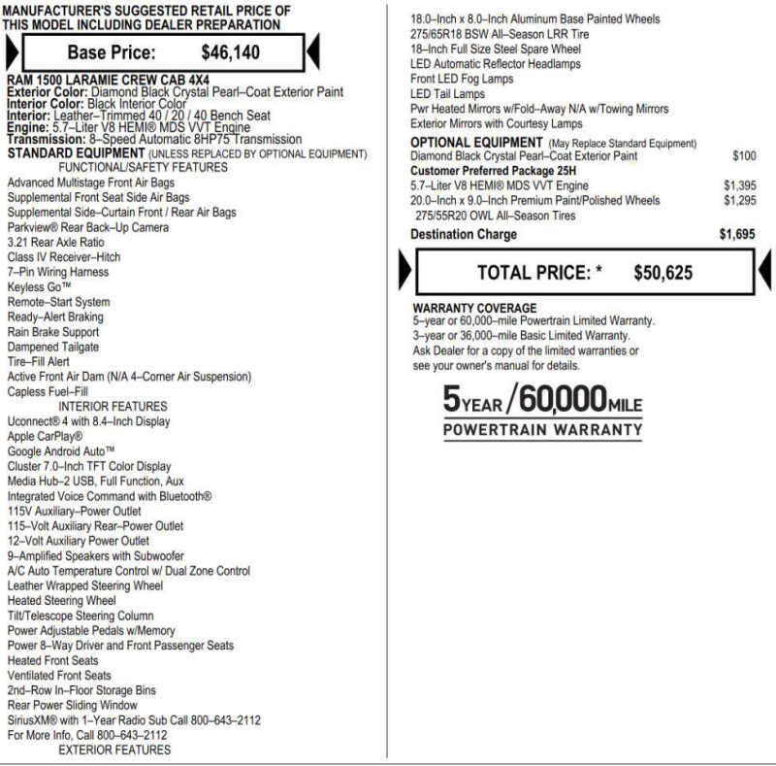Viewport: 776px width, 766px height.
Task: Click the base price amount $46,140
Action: pyautogui.click(x=230, y=53)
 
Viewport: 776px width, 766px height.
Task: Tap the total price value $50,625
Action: pyautogui.click(x=663, y=274)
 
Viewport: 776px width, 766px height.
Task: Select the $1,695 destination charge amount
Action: pyautogui.click(x=737, y=234)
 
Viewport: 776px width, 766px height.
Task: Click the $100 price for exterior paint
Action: pyautogui.click(x=744, y=156)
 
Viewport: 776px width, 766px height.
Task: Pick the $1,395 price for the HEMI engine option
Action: pyautogui.click(x=739, y=185)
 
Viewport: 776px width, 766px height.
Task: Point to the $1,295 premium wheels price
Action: pyautogui.click(x=739, y=201)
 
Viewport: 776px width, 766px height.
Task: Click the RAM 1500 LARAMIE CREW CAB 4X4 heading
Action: pyautogui.click(x=108, y=80)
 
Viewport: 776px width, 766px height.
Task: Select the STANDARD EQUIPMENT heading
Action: pyautogui.click(x=76, y=153)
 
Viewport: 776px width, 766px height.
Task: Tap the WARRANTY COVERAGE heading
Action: pyautogui.click(x=474, y=309)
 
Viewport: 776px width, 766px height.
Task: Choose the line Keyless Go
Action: pyautogui.click(x=39, y=287)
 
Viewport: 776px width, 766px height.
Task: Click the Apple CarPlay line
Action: pyautogui.click(x=46, y=437)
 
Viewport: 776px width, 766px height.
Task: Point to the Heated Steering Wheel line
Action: pyautogui.click(x=61, y=601)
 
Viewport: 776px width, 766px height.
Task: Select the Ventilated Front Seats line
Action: pyautogui.click(x=59, y=676)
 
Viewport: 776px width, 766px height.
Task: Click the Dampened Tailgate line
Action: pyautogui.click(x=53, y=347)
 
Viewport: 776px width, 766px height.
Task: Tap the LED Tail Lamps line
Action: pyautogui.click(x=447, y=94)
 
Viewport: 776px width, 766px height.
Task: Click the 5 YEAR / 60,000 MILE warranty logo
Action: pyautogui.click(x=542, y=412)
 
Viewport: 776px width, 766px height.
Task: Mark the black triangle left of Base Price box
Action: pyautogui.click(x=11, y=51)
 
